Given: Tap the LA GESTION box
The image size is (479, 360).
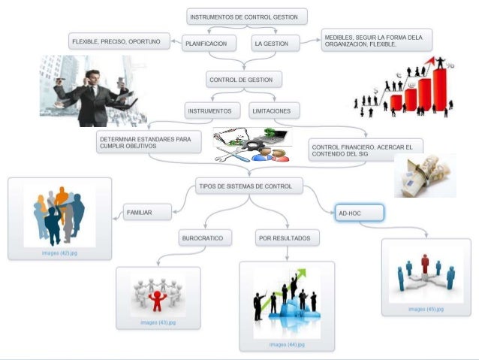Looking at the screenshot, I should [274, 44].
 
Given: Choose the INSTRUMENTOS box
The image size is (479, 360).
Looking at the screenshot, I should [211, 111].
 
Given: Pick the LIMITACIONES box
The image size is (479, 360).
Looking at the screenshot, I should [275, 111].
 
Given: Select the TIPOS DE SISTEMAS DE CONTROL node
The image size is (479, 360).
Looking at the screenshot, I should [249, 186].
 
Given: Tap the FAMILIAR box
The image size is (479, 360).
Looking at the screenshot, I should [147, 213].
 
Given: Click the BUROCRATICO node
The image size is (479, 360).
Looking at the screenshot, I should [205, 239].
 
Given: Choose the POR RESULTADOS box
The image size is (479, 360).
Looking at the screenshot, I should [288, 239].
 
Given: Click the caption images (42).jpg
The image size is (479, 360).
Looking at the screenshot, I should [59, 253].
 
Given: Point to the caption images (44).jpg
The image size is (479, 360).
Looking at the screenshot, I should [286, 344].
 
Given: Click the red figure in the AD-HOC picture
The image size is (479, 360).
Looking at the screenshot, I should [425, 264].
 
